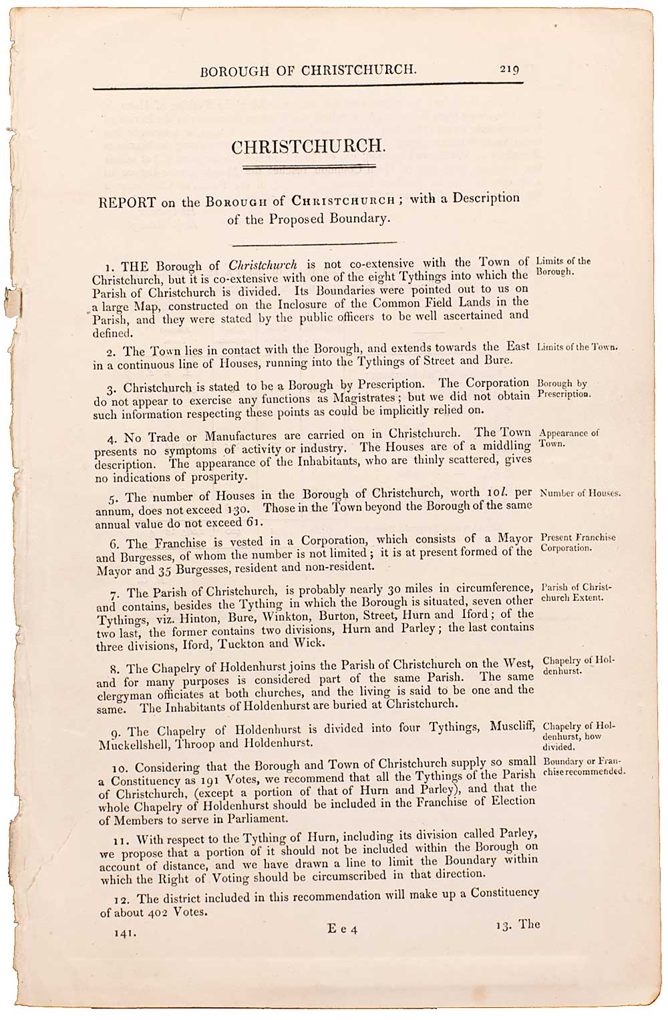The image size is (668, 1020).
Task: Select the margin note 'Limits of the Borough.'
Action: pos(563,267)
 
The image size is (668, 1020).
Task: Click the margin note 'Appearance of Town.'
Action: pos(568,438)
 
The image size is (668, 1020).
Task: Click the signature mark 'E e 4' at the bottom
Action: pos(342,928)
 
